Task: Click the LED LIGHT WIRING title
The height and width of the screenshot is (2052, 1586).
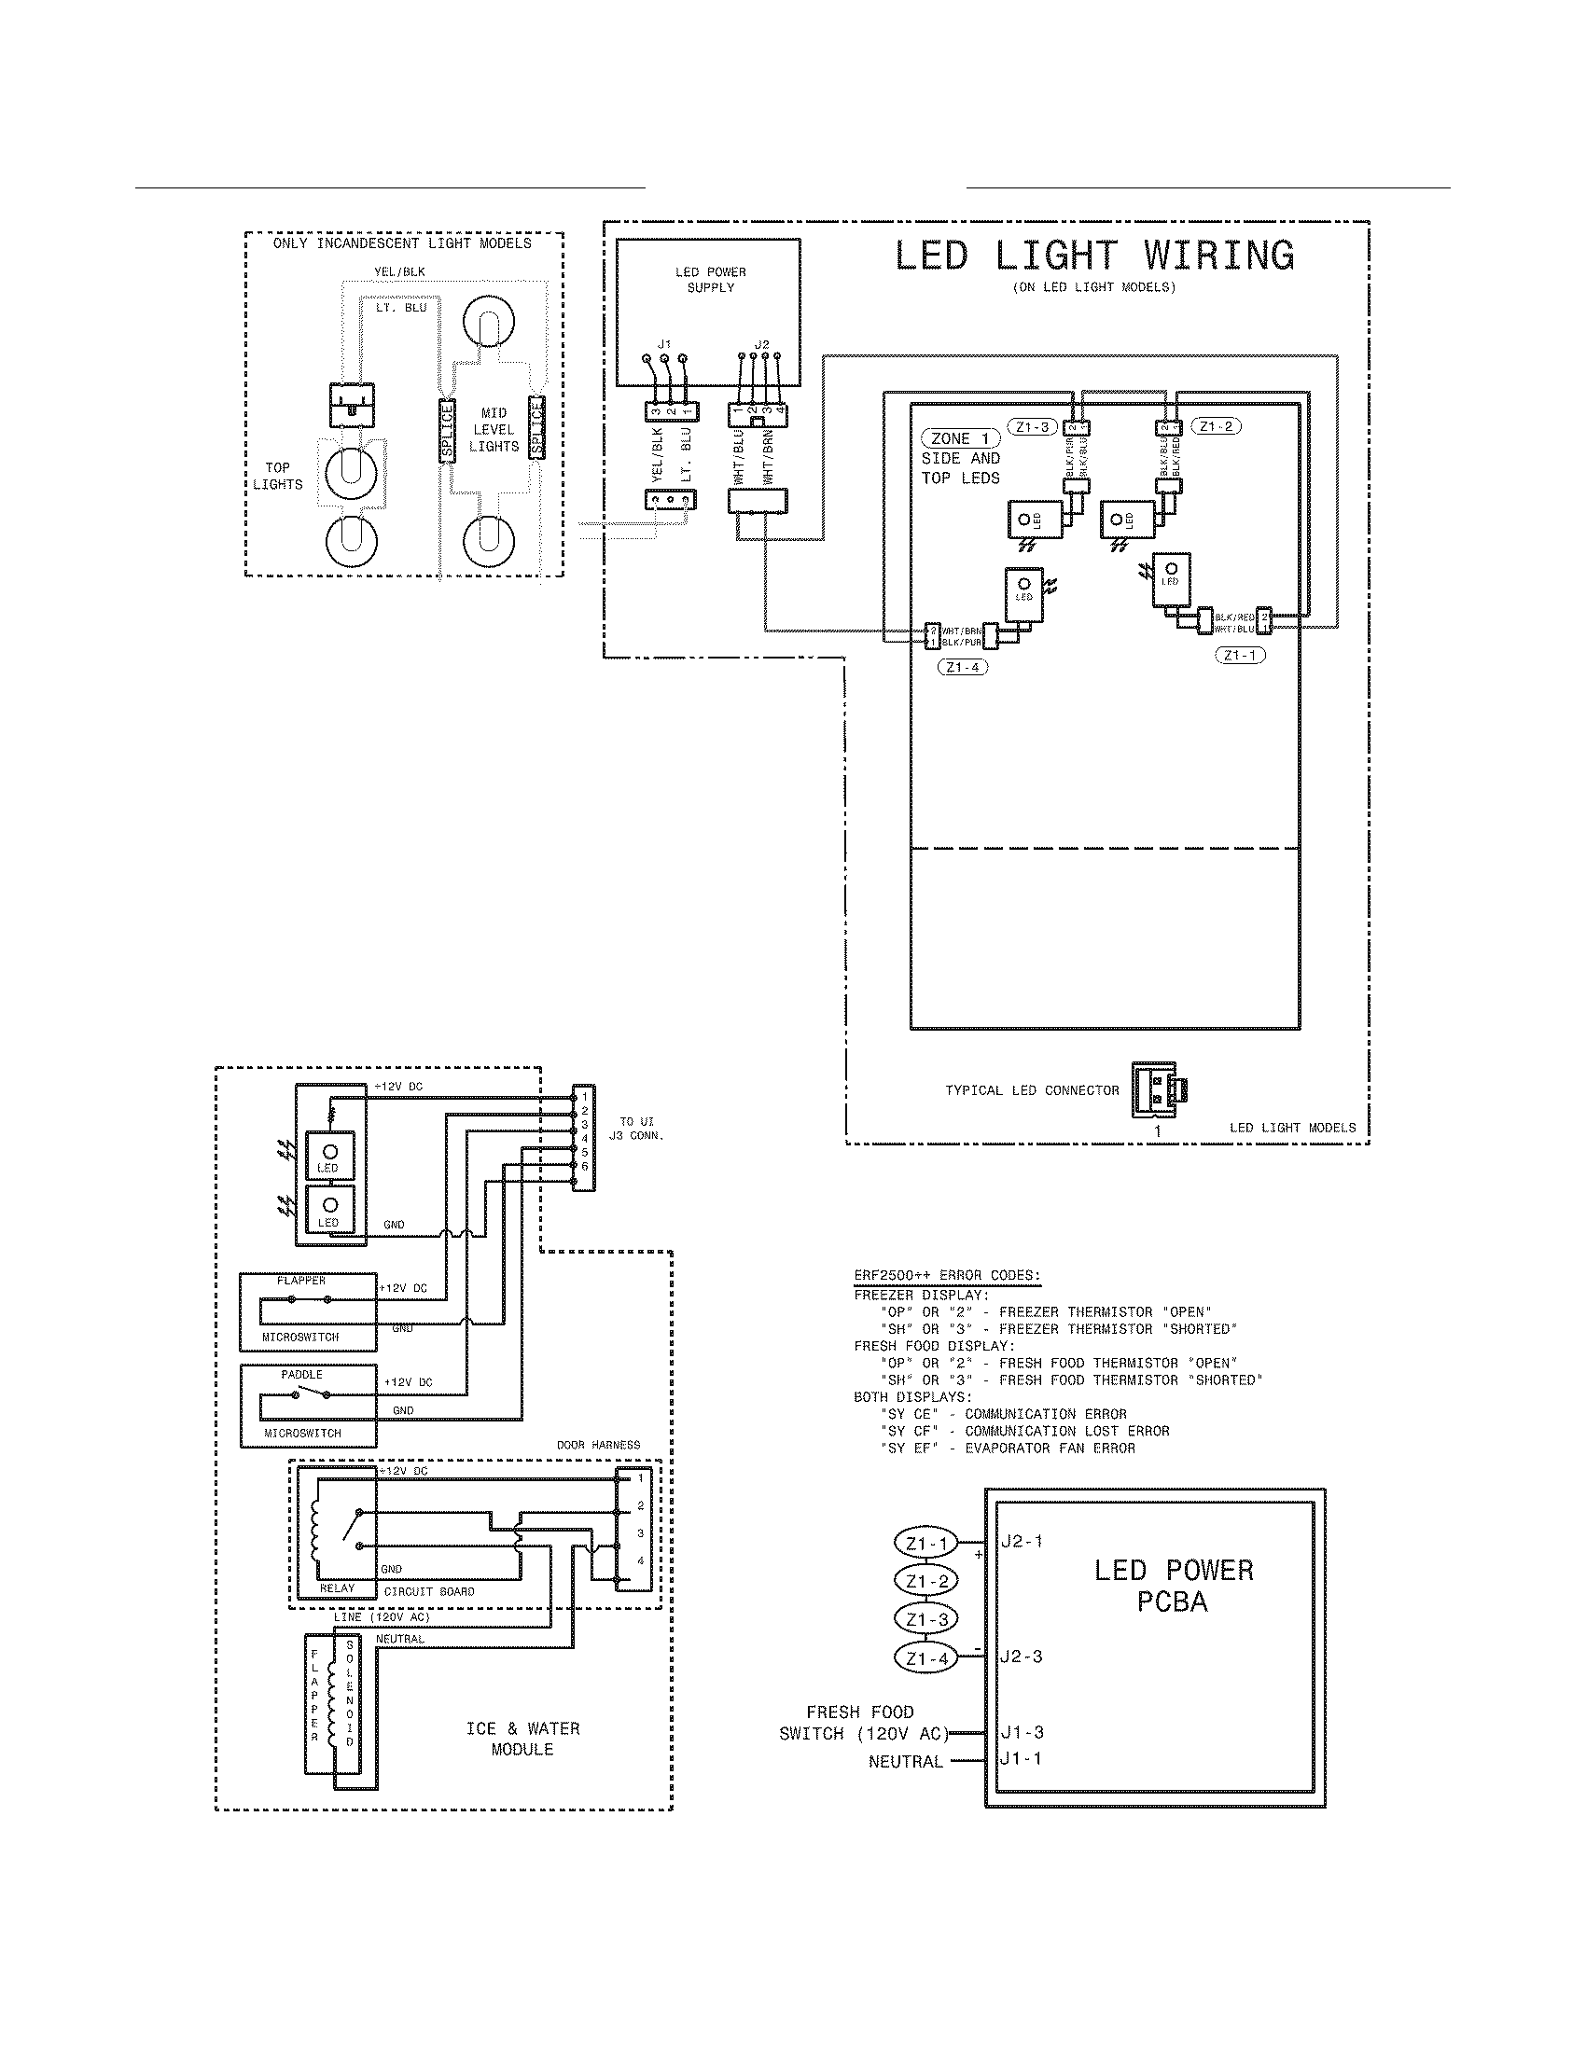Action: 1093,256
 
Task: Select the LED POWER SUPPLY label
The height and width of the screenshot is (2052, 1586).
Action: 710,280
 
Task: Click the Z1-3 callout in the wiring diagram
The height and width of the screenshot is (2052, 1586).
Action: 1032,427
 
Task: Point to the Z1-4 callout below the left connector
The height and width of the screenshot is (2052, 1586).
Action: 963,668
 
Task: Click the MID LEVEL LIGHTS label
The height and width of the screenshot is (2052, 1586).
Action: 494,430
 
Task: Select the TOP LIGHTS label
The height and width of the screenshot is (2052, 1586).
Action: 277,477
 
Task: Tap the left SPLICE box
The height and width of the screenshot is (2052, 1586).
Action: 447,430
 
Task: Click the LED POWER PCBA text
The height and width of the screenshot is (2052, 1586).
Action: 1174,1586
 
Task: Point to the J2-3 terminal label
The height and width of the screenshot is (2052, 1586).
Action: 1022,1657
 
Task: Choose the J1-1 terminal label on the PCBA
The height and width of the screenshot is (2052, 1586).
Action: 1021,1759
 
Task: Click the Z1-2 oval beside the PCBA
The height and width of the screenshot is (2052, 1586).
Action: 926,1581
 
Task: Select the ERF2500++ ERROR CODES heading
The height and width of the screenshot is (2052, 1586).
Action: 947,1276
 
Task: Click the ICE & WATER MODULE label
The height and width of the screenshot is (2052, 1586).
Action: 522,1740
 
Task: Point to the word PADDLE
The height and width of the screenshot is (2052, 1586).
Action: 301,1375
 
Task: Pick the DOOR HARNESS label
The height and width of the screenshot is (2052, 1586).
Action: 599,1445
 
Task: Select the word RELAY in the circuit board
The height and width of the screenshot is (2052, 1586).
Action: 338,1588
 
